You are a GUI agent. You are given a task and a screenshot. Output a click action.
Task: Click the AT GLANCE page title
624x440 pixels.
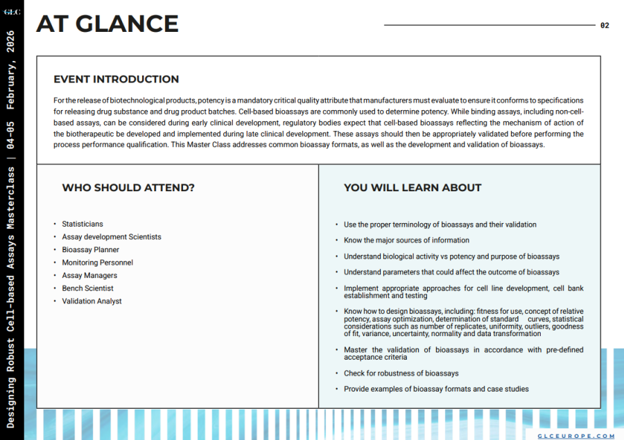coord(107,24)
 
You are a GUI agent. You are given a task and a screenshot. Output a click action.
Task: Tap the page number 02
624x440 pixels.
coord(605,26)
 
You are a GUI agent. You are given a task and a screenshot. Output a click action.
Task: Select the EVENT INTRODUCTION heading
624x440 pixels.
coord(116,79)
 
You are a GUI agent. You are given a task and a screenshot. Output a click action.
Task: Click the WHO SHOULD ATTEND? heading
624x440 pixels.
coord(128,188)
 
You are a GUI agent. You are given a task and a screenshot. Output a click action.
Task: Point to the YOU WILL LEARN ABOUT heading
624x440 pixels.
coord(413,188)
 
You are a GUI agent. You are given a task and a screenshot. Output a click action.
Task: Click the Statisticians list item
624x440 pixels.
coord(83,224)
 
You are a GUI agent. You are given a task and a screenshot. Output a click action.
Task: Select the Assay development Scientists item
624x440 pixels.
coord(112,237)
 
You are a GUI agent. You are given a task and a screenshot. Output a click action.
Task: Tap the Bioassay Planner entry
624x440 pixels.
coord(91,249)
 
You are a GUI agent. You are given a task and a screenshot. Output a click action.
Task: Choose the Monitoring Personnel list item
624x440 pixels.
coord(98,263)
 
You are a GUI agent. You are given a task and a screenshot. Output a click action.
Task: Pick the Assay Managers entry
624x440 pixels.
coord(89,275)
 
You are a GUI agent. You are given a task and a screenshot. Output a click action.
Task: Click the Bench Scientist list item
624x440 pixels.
coord(88,288)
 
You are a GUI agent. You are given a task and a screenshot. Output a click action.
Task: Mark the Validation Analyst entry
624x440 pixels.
coord(92,301)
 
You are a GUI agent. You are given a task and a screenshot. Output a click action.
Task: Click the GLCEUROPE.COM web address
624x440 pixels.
coord(577,436)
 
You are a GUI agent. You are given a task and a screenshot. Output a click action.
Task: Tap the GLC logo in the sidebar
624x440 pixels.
coord(12,11)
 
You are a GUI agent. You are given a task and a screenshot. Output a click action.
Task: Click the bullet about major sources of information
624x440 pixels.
coord(406,240)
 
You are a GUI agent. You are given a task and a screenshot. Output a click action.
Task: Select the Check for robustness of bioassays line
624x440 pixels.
coord(401,373)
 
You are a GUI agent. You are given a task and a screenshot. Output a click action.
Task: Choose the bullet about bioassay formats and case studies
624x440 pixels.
coord(436,389)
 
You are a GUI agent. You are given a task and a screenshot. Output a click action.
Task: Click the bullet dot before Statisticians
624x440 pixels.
coord(55,224)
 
